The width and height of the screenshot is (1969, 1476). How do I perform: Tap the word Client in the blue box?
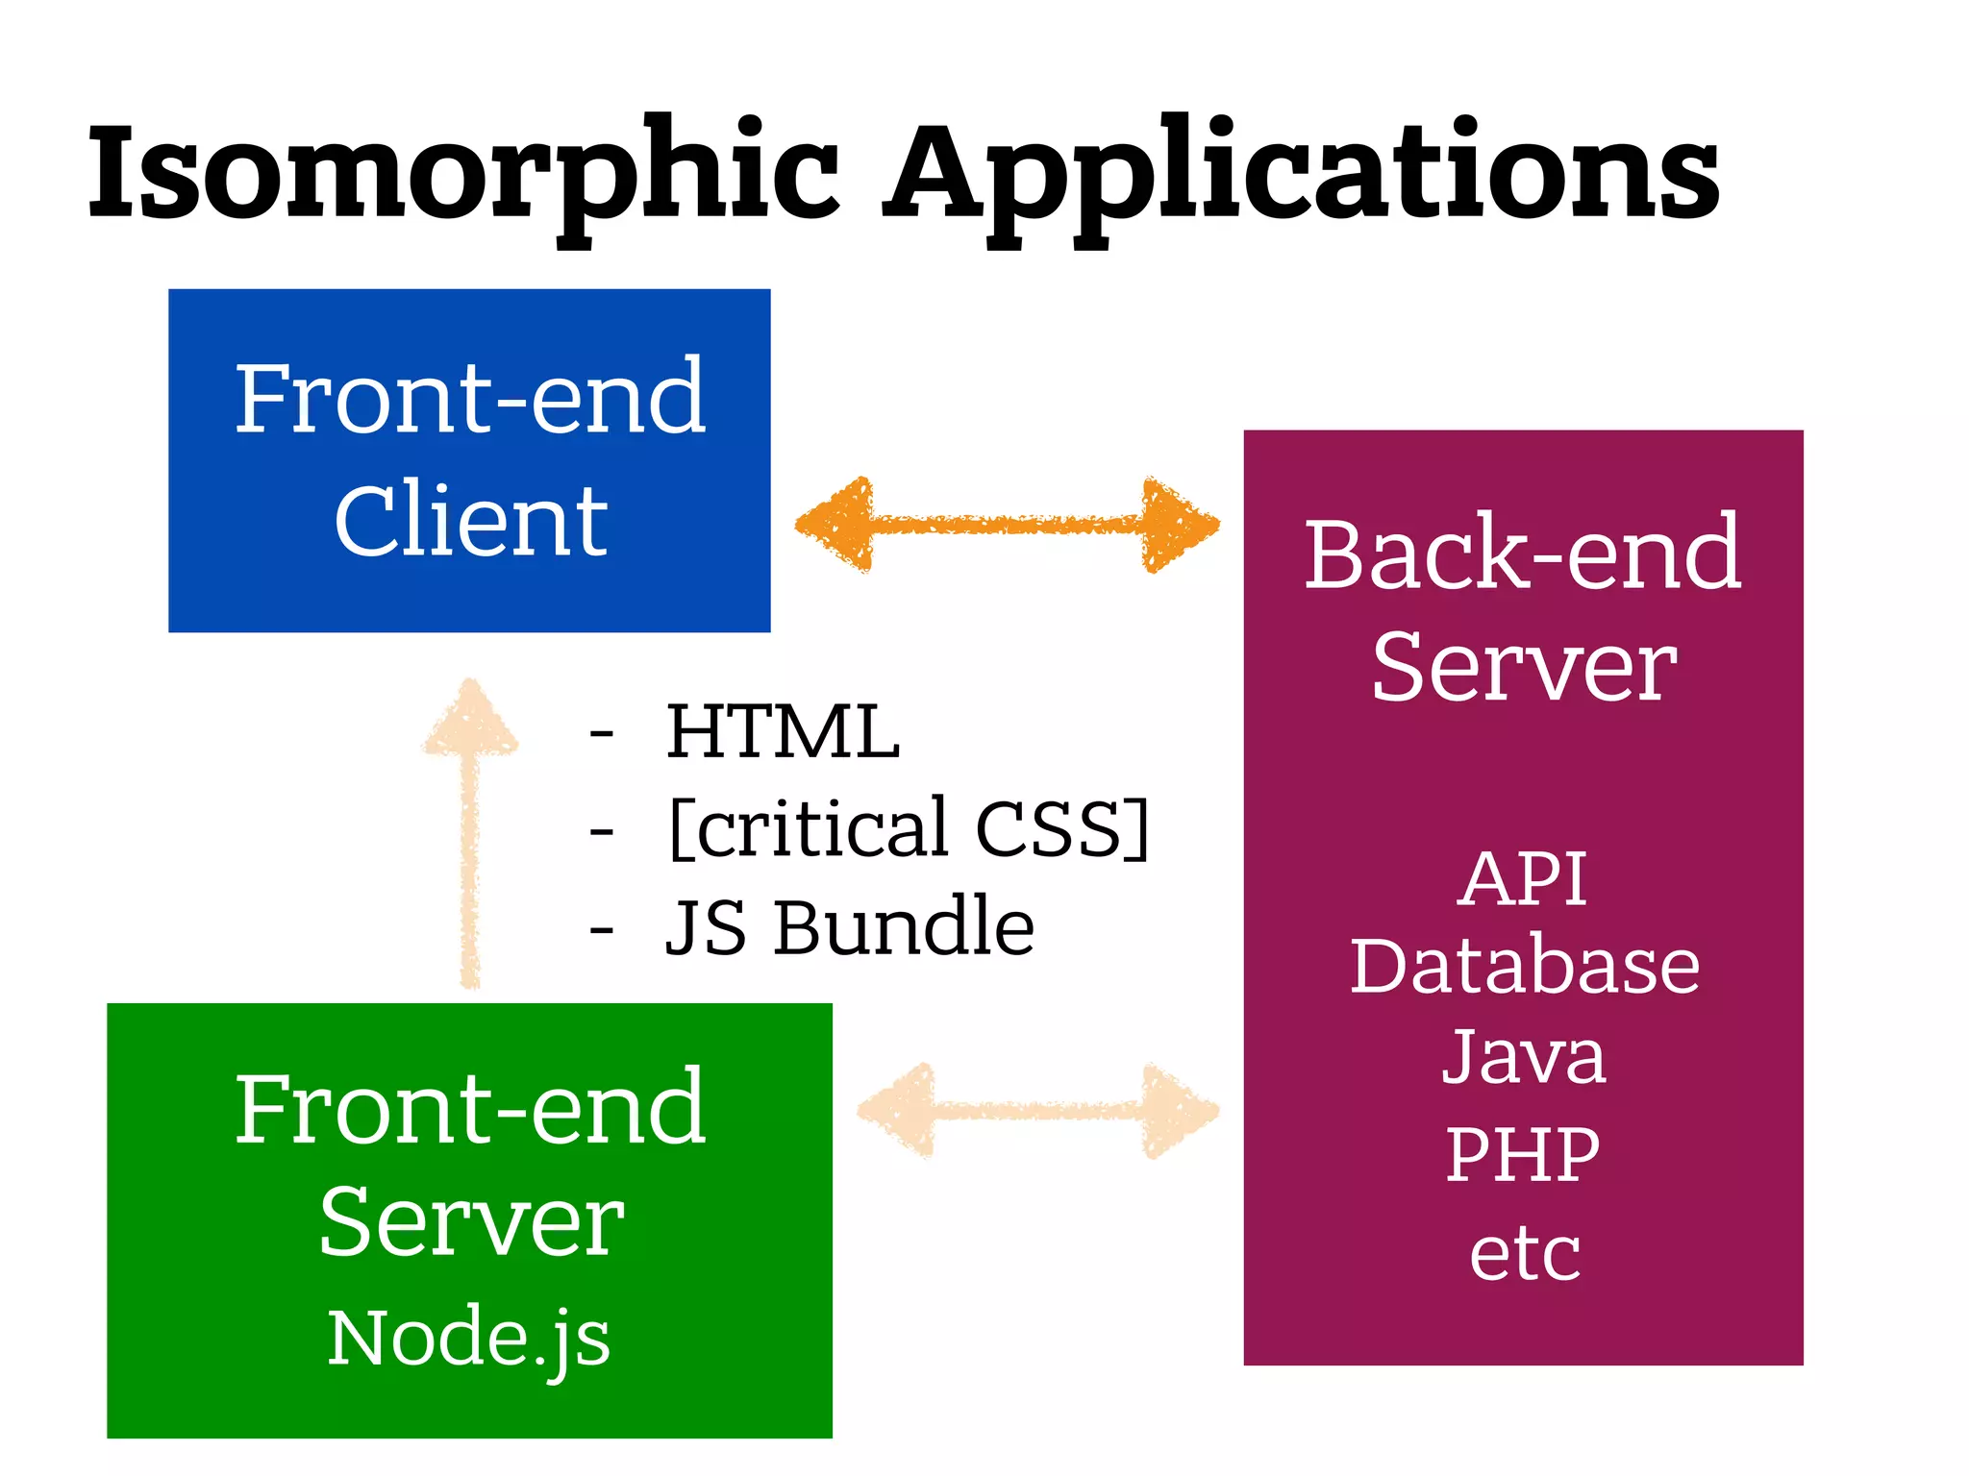pyautogui.click(x=471, y=520)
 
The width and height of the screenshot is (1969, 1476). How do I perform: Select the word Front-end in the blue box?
pyautogui.click(x=471, y=398)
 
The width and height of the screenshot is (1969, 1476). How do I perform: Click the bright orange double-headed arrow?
pyautogui.click(x=1007, y=525)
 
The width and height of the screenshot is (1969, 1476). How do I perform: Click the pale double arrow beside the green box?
pyautogui.click(x=1038, y=1111)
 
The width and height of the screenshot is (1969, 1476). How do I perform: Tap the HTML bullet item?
pyautogui.click(x=783, y=732)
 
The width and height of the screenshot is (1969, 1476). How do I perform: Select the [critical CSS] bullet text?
pyautogui.click(x=909, y=828)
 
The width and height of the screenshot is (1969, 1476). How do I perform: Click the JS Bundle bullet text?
pyautogui.click(x=850, y=927)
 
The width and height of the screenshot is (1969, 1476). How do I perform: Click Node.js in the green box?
pyautogui.click(x=469, y=1338)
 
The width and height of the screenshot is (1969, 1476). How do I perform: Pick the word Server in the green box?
pyautogui.click(x=471, y=1222)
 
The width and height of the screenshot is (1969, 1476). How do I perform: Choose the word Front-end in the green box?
pyautogui.click(x=471, y=1109)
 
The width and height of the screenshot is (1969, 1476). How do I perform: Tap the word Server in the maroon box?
pyautogui.click(x=1523, y=667)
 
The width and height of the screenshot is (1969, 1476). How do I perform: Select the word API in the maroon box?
pyautogui.click(x=1523, y=878)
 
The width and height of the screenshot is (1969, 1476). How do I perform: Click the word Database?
pyautogui.click(x=1525, y=966)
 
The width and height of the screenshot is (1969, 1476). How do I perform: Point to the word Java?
pyautogui.click(x=1523, y=1057)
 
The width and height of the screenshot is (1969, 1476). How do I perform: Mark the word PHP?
pyautogui.click(x=1523, y=1154)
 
